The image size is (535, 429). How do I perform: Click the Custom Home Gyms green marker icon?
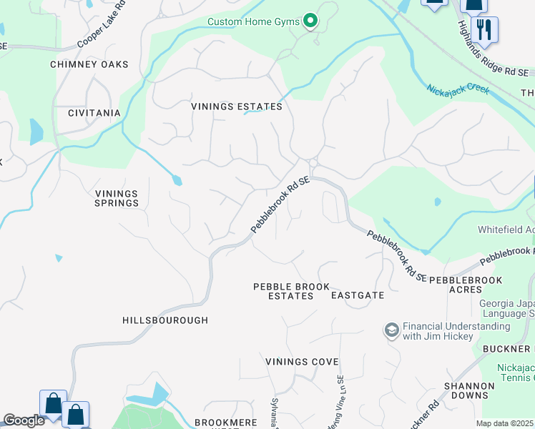coord(310,21)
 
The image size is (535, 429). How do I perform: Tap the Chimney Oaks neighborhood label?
coord(89,64)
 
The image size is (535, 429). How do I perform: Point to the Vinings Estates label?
coord(237,107)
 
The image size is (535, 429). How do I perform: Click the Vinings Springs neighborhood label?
coord(117,198)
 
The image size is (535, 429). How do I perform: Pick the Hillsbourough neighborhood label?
coord(165,320)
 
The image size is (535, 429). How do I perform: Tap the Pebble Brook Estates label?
coord(292,291)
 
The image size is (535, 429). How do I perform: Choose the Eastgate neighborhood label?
coord(358,295)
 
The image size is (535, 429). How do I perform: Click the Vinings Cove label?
coord(302,362)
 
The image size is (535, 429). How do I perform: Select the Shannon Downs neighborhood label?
coord(469,390)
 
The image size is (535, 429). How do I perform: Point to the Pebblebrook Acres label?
coord(466,285)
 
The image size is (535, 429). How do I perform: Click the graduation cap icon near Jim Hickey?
coord(391,330)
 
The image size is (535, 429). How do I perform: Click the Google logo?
coord(24,420)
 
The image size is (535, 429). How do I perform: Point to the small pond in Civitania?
coord(36,132)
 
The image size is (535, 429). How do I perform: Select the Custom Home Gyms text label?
coord(253,21)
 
